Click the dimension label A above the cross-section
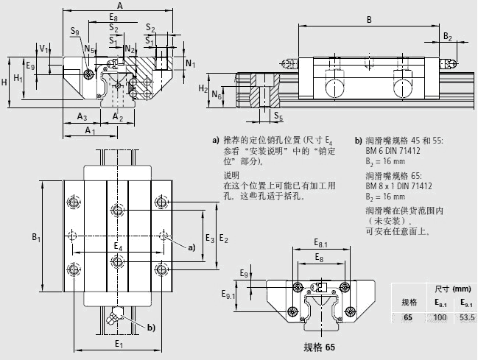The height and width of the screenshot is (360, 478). tap(120, 6)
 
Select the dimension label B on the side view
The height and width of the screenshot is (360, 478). tap(369, 20)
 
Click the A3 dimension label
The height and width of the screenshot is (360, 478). tap(82, 117)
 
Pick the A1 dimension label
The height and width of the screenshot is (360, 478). tap(90, 130)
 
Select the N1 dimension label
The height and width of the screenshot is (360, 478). tap(191, 63)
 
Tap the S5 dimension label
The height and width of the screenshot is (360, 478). tap(278, 116)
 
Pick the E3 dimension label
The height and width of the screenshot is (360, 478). tap(209, 239)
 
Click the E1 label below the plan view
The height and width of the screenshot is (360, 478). tap(118, 343)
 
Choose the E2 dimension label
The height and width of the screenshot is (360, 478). tap(223, 239)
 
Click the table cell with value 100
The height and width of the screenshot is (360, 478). tap(440, 317)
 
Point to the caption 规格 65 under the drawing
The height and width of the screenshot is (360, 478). tap(319, 347)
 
